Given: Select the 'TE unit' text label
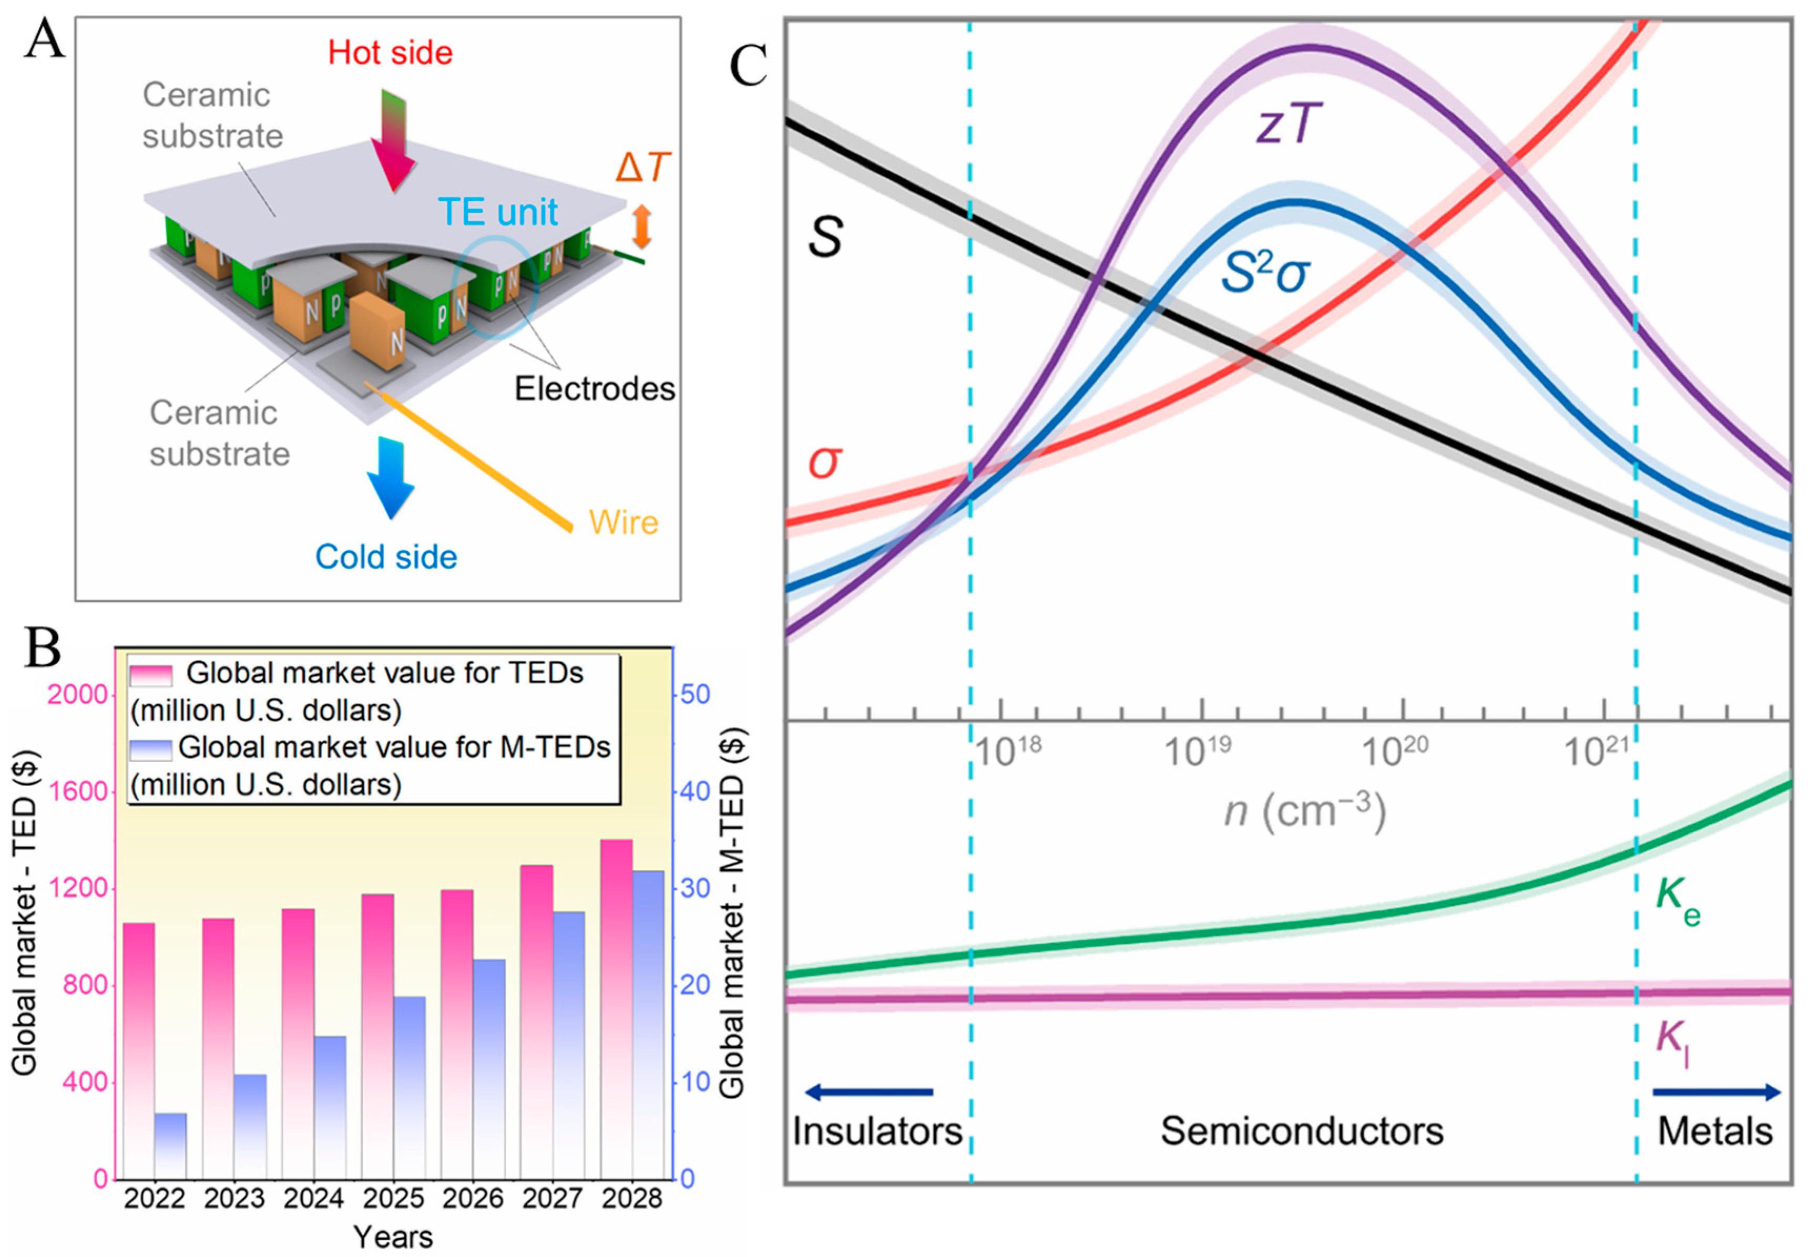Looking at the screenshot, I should [x=498, y=212].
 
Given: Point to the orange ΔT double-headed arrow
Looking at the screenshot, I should [x=642, y=226].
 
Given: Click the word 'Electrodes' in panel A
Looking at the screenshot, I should [x=595, y=389].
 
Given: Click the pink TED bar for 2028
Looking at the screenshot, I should [x=617, y=1007].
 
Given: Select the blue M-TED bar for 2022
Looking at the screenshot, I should [x=170, y=1145].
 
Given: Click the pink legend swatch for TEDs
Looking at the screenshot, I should [x=151, y=675].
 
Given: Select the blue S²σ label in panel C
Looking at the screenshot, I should [x=1265, y=272].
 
